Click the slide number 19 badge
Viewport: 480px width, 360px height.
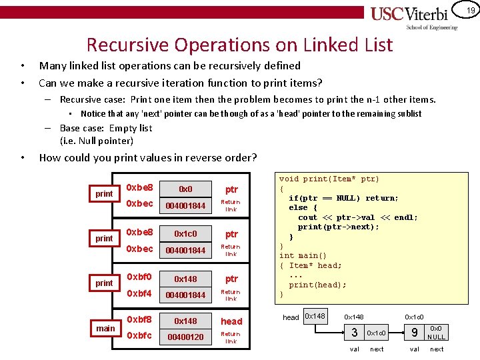pos(470,11)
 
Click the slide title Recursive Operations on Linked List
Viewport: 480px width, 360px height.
pos(239,45)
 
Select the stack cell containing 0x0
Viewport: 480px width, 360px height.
pos(185,189)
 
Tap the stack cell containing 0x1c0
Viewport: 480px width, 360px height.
pos(185,234)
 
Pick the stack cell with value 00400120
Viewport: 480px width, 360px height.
pos(185,337)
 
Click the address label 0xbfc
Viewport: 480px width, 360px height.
pos(139,335)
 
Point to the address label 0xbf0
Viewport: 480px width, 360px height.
pos(139,277)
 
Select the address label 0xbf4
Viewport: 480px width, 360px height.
pos(139,293)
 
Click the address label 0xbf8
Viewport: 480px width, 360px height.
pos(139,320)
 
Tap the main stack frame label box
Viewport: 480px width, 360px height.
pos(105,328)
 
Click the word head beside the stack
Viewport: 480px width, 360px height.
pos(231,321)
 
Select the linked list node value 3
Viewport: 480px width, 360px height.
pos(355,332)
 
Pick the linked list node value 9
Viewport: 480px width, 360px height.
pos(415,332)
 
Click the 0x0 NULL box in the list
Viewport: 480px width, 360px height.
pos(436,332)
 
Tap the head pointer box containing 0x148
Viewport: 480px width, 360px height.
pos(314,315)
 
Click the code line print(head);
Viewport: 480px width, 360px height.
pos(317,285)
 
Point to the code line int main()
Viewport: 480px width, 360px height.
pos(303,255)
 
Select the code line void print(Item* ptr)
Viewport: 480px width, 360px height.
pos(329,179)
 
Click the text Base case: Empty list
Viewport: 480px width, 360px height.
pos(106,128)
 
